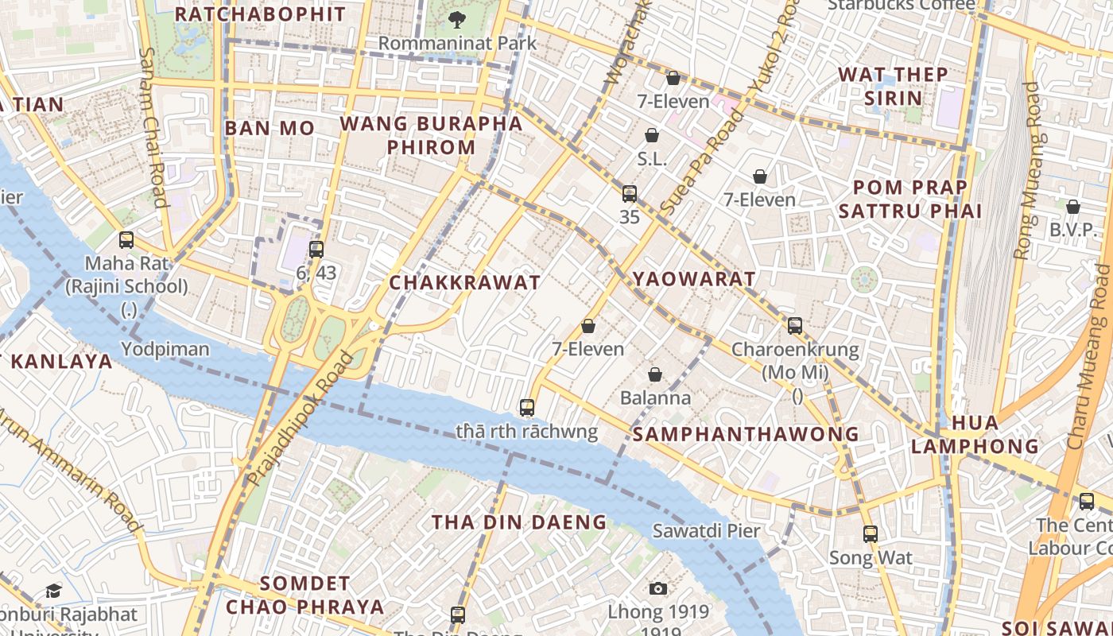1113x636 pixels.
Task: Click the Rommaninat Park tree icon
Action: coord(457,18)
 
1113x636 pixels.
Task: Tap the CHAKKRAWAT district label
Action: coord(465,282)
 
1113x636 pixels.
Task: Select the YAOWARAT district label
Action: coord(694,279)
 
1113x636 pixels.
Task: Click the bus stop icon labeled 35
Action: coord(630,193)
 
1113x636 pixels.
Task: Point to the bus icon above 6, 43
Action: coord(316,250)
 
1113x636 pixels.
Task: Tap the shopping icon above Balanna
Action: coord(655,374)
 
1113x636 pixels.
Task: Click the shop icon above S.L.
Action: coord(652,135)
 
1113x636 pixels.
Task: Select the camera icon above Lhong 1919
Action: coord(657,588)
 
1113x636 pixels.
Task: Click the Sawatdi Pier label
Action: coord(707,530)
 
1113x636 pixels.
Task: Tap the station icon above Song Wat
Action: coord(871,534)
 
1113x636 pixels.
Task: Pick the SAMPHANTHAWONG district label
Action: coord(746,434)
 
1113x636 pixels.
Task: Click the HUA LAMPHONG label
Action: coord(975,434)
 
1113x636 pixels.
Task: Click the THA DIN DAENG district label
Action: coord(519,522)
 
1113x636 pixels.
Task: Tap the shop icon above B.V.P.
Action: coord(1073,207)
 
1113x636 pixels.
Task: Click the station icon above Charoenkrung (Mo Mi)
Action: coord(795,325)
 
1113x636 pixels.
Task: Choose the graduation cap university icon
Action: coord(53,591)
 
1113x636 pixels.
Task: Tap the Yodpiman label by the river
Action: coord(165,349)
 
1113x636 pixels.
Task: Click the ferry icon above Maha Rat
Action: coord(126,239)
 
